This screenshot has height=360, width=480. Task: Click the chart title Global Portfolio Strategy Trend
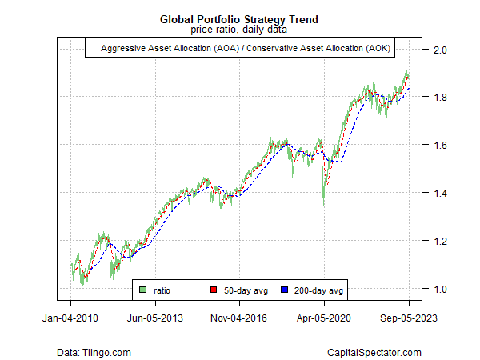239,18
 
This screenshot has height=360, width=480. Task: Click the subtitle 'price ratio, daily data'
239,30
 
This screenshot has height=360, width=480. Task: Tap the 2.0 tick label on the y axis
439,50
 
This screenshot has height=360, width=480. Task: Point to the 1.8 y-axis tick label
439,98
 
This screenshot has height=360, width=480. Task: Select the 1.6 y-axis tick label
439,146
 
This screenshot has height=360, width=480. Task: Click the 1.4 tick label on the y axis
439,193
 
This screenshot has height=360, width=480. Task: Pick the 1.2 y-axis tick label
439,241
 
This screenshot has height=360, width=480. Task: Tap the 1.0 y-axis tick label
439,289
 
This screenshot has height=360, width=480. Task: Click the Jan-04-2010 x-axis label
71,318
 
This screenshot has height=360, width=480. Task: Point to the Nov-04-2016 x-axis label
240,318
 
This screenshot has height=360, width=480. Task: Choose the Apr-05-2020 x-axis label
324,318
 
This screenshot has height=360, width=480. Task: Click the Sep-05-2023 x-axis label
409,318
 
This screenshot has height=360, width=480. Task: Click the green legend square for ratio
142,289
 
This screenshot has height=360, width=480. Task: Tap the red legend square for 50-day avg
214,289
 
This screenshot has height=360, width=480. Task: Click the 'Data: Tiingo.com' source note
94,352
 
